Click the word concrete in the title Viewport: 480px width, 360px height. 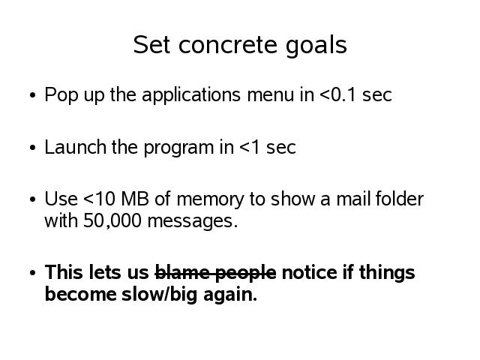(x=228, y=45)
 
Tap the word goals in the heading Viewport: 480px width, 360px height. (x=316, y=46)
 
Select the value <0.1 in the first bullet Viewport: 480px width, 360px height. (x=337, y=95)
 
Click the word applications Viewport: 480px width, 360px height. (x=191, y=95)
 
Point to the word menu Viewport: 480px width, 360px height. (x=271, y=95)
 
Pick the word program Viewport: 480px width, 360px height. (x=178, y=148)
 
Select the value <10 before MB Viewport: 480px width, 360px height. (x=100, y=199)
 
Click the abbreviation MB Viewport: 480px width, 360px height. (x=135, y=199)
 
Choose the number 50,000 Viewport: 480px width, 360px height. (x=112, y=220)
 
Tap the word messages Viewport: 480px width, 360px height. (x=193, y=222)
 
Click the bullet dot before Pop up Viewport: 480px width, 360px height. (x=33, y=95)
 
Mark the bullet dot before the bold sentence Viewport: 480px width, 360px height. (x=33, y=273)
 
